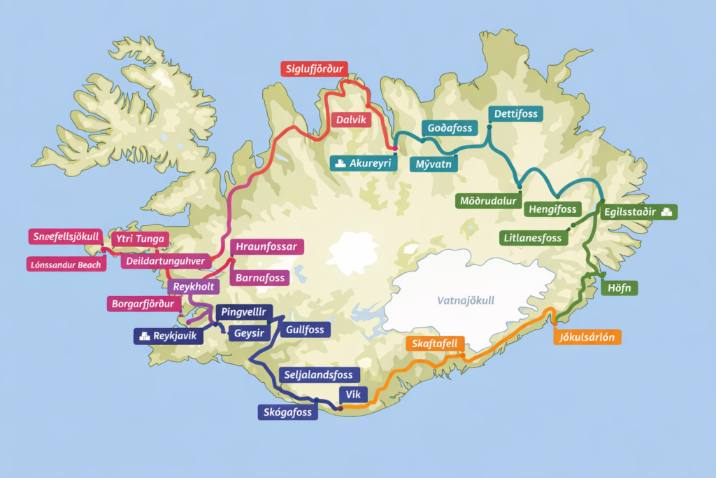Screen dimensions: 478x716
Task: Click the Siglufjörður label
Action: tap(314, 69)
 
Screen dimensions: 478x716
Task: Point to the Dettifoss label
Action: tap(517, 113)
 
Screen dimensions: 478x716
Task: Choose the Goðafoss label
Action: tap(448, 127)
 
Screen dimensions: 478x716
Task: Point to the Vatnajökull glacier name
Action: tap(465, 300)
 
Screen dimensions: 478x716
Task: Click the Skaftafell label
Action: tap(435, 344)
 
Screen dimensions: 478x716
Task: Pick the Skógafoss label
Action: tap(288, 412)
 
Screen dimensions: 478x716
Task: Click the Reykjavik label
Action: tap(169, 337)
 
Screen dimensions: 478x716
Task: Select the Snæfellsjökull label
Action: tap(66, 237)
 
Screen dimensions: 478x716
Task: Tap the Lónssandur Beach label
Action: tap(66, 264)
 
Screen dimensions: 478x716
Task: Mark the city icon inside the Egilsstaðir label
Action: tap(666, 211)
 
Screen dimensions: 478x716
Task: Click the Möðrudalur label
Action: tap(487, 202)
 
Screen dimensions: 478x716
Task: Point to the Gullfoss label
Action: tap(305, 329)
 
